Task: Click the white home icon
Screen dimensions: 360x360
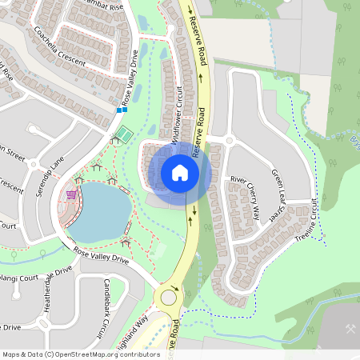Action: (x=180, y=172)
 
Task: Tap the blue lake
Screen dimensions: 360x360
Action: (x=100, y=212)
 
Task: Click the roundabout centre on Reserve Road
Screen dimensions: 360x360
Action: (x=168, y=298)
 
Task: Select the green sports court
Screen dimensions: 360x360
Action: (x=124, y=131)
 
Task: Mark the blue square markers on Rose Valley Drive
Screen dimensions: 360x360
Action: (x=124, y=110)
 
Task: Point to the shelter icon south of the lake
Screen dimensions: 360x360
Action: (x=126, y=240)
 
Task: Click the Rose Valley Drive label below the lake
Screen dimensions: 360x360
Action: (x=101, y=255)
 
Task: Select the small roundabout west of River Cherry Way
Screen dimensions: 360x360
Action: (x=229, y=140)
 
